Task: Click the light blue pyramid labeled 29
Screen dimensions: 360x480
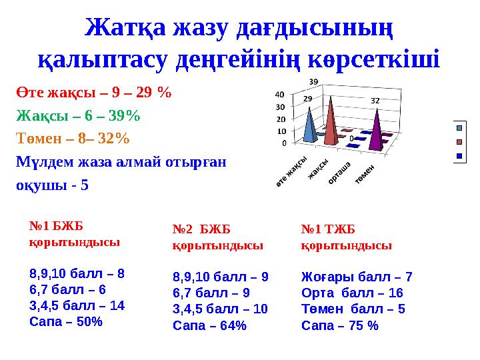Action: [x=309, y=127]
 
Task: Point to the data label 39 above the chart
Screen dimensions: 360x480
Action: [x=313, y=81]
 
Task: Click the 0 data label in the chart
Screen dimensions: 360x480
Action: [x=351, y=139]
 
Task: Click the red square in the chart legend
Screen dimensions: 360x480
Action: [x=459, y=142]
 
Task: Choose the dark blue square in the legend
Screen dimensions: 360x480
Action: [x=459, y=156]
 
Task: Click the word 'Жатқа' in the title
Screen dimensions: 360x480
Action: [x=125, y=28]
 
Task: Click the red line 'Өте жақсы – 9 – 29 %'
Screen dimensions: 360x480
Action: [x=94, y=93]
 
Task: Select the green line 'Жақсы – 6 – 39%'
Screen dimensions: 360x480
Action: [x=78, y=115]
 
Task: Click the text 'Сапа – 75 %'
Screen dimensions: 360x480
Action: [x=340, y=325]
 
